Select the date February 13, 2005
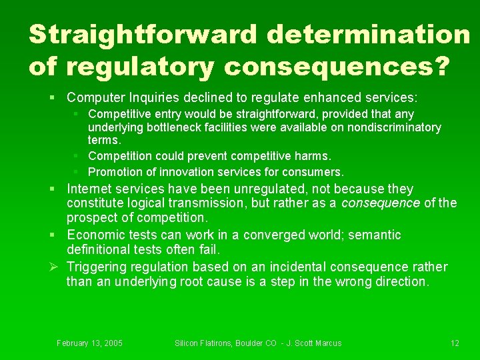click(89, 343)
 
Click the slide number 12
click(455, 343)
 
